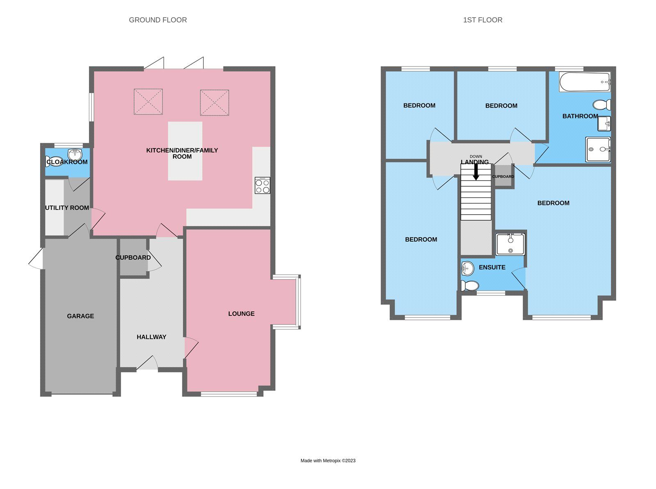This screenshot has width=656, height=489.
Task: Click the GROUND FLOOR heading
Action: click(x=158, y=20)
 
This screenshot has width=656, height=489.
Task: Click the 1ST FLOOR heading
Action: click(x=483, y=20)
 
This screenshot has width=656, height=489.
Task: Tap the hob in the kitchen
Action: click(x=262, y=185)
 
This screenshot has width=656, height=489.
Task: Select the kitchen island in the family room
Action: click(x=185, y=151)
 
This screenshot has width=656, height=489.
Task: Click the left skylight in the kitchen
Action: click(x=148, y=102)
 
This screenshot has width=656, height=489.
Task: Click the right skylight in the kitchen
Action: click(x=214, y=103)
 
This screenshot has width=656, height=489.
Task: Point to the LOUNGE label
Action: click(x=241, y=313)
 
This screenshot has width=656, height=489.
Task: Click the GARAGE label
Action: click(x=80, y=316)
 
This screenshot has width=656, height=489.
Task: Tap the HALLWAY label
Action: click(x=151, y=337)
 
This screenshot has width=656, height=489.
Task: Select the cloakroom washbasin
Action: click(x=75, y=155)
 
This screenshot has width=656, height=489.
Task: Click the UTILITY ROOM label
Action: click(x=67, y=208)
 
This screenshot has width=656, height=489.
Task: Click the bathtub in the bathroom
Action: click(x=585, y=82)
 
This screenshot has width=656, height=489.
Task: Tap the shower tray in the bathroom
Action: click(x=598, y=149)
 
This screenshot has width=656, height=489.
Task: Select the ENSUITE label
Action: click(x=492, y=267)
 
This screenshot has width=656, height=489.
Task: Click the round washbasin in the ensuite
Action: click(x=468, y=269)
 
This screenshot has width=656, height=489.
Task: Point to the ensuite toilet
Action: click(x=469, y=286)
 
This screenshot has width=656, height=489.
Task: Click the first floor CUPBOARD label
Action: click(x=503, y=176)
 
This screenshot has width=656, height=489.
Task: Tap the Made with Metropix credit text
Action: click(x=328, y=461)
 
